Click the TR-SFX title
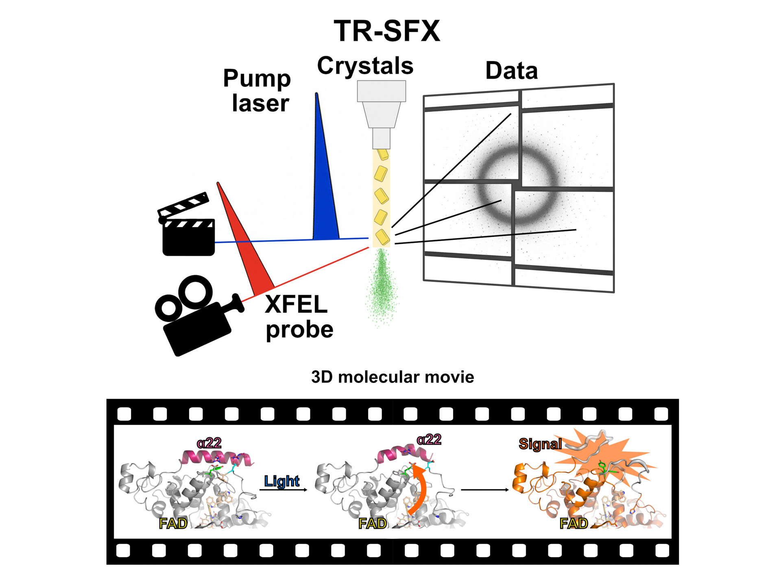tap(387, 31)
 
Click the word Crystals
tap(365, 66)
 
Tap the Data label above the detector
tap(511, 70)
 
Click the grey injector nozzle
tap(381, 114)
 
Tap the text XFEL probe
tap(299, 317)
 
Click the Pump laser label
tap(257, 90)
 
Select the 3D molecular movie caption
tap(393, 377)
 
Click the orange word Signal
tap(540, 444)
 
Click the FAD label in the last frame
tap(574, 523)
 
